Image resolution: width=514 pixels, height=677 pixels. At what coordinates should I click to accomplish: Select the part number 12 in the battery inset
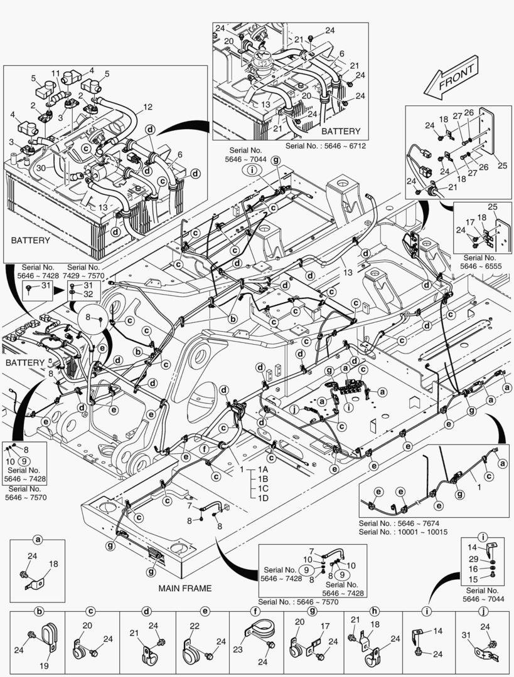click(x=147, y=107)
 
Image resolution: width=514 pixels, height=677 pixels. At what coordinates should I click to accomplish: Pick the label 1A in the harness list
click(x=263, y=470)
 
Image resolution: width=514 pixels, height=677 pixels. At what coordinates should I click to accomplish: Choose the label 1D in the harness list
click(x=263, y=498)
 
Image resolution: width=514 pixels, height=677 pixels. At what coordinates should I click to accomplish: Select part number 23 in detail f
click(x=237, y=650)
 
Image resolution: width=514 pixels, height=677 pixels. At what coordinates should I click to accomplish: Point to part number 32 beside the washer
click(x=88, y=293)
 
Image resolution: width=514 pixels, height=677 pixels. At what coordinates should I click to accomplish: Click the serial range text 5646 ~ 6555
click(x=481, y=266)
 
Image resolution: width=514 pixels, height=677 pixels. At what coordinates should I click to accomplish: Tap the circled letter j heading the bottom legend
click(x=484, y=611)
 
